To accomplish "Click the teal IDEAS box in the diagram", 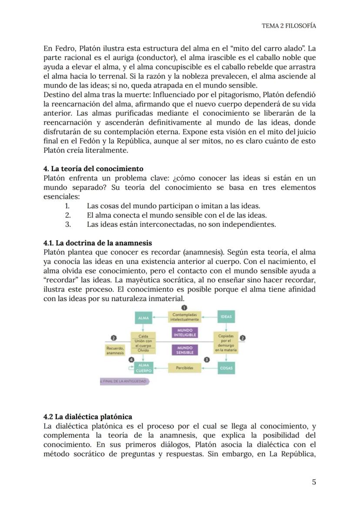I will point(226,317).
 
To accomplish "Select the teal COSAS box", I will point(226,368).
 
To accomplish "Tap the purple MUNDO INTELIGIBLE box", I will point(185,333).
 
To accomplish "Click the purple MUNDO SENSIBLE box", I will point(185,350).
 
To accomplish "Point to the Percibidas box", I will point(185,368).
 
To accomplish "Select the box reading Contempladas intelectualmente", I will point(185,317).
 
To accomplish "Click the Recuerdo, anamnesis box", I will point(115,350).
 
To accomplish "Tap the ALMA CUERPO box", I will point(143,368).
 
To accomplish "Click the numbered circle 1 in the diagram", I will point(184,308).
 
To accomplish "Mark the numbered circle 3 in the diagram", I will point(207,360).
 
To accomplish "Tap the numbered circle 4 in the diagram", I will point(131,360).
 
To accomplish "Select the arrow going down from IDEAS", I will point(226,327).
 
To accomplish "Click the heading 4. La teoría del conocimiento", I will point(93,169).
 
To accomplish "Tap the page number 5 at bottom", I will point(313,482).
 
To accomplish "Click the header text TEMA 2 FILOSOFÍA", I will point(289,26).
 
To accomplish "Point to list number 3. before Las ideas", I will point(68,225).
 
